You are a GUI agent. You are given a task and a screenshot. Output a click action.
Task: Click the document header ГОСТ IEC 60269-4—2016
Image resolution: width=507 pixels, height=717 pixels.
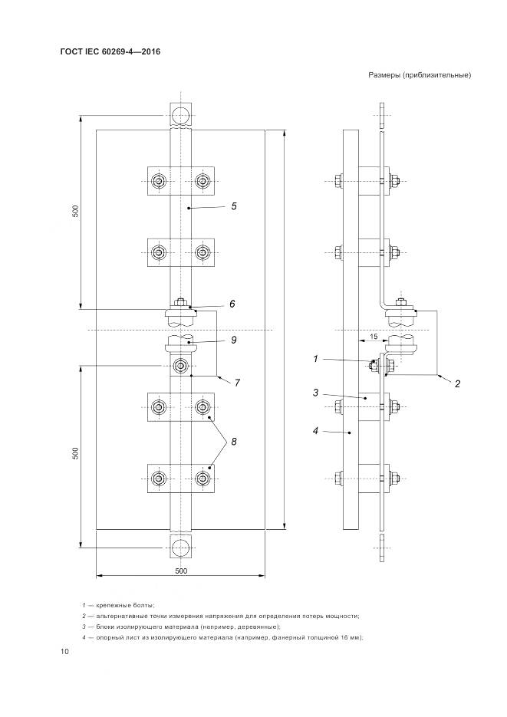(x=104, y=52)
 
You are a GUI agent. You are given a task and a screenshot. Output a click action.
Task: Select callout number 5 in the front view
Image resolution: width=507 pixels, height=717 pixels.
(x=233, y=206)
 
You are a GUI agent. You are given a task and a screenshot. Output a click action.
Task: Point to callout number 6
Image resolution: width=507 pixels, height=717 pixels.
(x=232, y=304)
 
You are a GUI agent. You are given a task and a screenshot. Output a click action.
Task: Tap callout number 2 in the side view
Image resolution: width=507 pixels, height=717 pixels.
(x=457, y=384)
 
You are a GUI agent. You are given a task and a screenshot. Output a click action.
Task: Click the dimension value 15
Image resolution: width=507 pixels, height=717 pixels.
(x=371, y=335)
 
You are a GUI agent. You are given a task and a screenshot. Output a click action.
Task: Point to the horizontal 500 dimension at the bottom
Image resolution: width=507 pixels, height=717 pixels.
(x=181, y=571)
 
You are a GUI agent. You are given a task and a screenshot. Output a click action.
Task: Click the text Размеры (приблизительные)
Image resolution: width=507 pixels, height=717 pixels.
(x=419, y=75)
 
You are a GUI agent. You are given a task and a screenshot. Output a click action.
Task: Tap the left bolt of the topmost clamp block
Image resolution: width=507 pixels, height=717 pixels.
(x=159, y=181)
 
